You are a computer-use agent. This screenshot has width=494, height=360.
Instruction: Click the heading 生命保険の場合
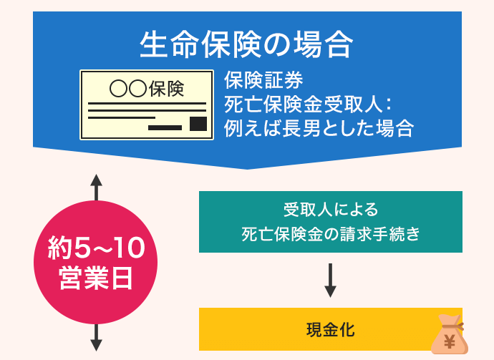coord(247,45)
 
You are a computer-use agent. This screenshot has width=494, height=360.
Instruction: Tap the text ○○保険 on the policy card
coord(147,89)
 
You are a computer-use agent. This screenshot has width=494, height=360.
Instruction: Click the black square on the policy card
coord(198,125)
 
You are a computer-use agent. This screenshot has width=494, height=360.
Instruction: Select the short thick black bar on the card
coord(165,127)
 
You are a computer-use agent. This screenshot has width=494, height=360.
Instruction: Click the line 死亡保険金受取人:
coord(306,103)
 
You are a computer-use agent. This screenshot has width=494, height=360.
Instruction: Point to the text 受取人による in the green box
coord(330,210)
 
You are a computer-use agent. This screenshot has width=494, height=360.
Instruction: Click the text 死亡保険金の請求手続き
coord(330,234)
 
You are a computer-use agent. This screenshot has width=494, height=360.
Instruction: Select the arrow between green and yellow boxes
coord(330,280)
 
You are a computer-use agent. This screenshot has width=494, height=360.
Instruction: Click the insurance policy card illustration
coord(147,104)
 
